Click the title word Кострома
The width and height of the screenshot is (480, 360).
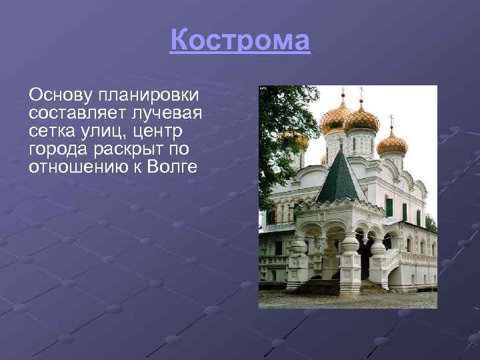tap(240, 41)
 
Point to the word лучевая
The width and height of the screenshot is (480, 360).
tap(172, 111)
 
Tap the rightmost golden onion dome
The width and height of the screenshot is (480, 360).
tap(392, 143)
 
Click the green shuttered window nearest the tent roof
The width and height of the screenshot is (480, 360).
tap(389, 207)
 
